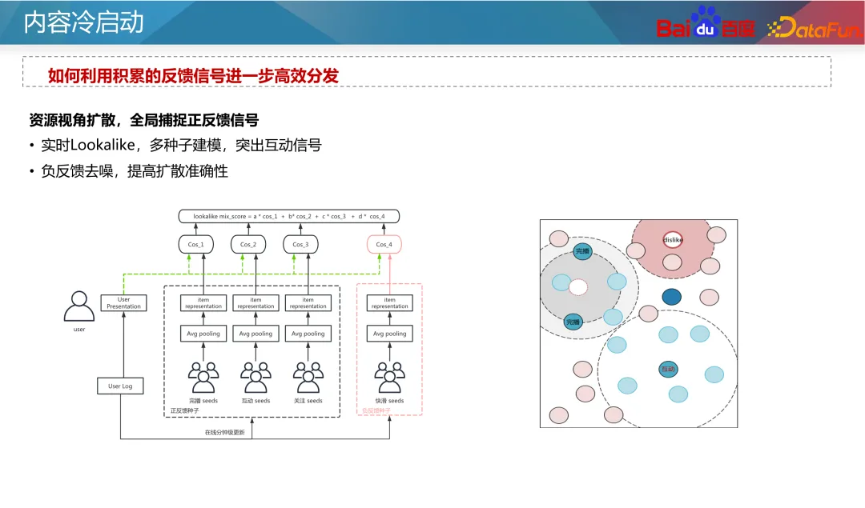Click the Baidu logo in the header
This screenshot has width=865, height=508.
coord(706,23)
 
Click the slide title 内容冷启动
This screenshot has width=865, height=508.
coord(83,22)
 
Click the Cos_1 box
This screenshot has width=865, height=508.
coord(195,244)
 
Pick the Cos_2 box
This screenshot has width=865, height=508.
coord(248,244)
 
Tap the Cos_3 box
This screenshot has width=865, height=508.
coord(300,244)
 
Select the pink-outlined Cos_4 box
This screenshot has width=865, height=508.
coord(384,244)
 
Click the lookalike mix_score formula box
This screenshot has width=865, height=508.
coord(288,216)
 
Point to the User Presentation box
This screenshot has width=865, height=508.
coord(123,303)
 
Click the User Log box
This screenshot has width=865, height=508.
coord(120,386)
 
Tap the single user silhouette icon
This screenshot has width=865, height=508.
coord(78,306)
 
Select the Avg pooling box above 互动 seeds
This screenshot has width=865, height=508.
coord(255,334)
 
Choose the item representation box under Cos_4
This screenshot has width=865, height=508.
coord(390,303)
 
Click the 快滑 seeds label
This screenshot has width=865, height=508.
coord(390,401)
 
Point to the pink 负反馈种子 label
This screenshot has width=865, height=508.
coord(376,410)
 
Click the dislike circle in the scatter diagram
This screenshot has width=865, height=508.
coord(673,239)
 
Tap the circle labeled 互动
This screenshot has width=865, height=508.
coord(668,369)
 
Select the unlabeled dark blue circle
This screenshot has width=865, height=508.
coord(671,297)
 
